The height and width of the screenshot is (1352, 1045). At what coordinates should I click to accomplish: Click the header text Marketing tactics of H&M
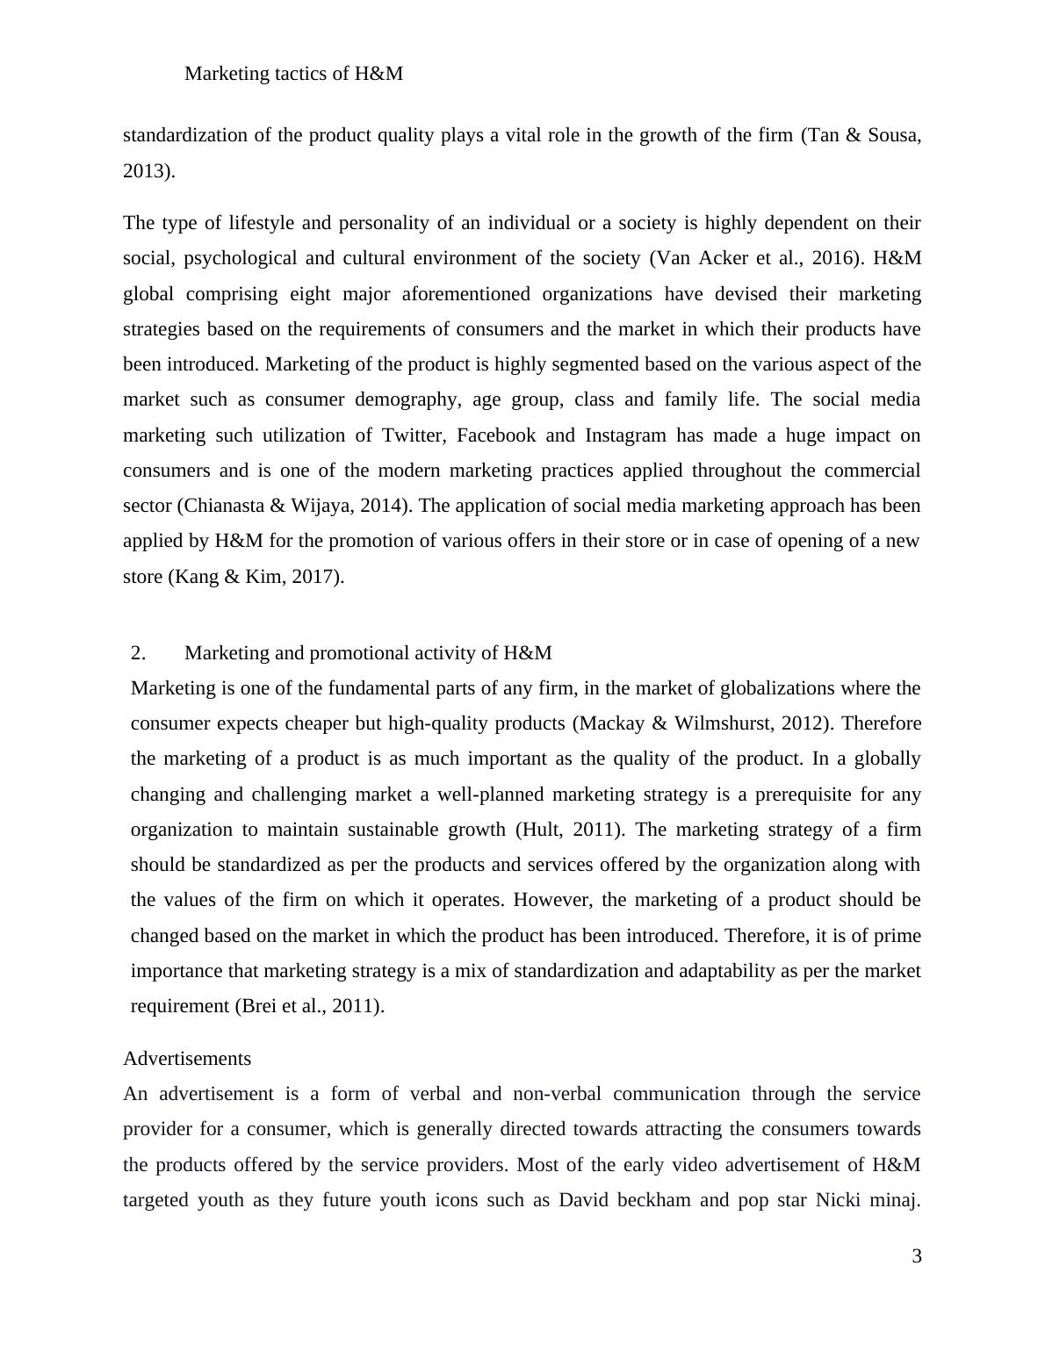click(293, 74)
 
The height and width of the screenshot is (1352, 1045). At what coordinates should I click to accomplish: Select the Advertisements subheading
click(187, 1059)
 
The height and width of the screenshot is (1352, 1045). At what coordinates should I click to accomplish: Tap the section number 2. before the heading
click(138, 653)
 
